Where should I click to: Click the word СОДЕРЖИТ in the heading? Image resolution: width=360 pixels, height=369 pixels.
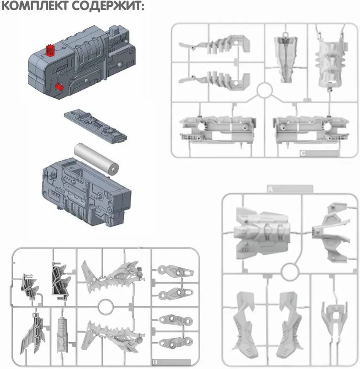point(108,6)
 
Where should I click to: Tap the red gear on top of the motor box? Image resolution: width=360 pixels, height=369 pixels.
point(50,50)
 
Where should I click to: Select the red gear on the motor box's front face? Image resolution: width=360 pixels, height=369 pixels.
point(59,87)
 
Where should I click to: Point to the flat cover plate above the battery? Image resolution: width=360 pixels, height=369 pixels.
point(95,125)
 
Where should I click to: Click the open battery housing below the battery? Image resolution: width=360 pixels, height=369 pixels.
point(86,192)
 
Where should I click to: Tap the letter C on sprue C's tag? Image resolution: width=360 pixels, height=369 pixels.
point(303,154)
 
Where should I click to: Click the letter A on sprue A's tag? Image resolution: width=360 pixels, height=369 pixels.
point(271,189)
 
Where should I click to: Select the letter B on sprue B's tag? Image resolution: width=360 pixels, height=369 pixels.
point(155,362)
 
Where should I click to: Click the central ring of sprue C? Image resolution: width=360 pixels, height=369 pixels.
point(265,90)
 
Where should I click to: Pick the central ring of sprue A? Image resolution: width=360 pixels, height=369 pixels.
point(290,272)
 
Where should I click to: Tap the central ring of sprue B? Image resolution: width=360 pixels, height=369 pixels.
point(106,307)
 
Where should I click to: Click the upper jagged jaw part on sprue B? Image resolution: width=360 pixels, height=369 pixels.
point(113,277)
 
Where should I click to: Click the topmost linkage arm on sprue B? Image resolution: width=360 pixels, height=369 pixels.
point(176,270)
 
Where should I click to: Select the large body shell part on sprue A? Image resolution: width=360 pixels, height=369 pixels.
point(262,233)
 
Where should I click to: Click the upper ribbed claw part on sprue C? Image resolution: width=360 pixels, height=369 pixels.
point(214,44)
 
